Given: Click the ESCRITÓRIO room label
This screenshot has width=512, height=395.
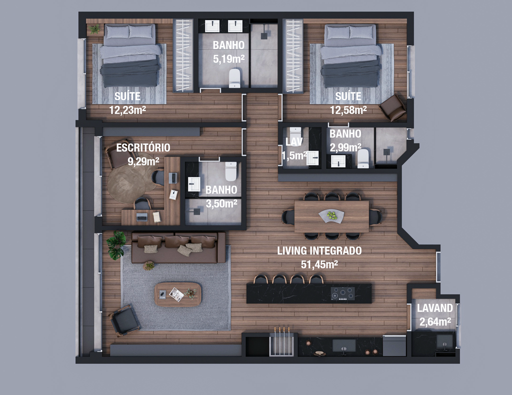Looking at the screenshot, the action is coord(143,147).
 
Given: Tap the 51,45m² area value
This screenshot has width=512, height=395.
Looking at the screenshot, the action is coord(319,264).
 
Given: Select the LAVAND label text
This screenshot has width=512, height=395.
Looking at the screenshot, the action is coord(435,308).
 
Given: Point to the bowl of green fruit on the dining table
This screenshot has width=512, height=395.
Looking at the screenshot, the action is coord(331,216).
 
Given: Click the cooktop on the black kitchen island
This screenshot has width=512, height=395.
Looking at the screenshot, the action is coord(342,293).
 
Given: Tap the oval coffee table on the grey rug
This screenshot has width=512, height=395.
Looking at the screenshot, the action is coord(178,294).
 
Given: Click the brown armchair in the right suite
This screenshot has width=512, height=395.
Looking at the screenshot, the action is coord(392,107).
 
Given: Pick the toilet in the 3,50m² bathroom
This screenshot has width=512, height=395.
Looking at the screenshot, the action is coord(231,171).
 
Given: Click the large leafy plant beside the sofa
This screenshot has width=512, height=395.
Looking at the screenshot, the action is coord(116,245).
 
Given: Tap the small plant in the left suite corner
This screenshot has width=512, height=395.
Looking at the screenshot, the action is coord(94,29).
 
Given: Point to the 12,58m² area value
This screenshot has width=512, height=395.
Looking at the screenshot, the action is coord(348,110).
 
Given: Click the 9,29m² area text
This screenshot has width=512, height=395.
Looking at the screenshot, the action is coord(143,161).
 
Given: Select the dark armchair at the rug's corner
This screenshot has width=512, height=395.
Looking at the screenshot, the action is coord(124,320).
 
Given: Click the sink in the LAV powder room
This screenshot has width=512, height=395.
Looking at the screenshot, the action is coord(312,158).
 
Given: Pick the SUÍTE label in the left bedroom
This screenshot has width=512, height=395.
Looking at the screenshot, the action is coord(127,96).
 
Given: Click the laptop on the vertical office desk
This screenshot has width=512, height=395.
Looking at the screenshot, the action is coord(173,178).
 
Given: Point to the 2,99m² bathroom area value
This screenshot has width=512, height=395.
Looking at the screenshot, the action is coord(345,148).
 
